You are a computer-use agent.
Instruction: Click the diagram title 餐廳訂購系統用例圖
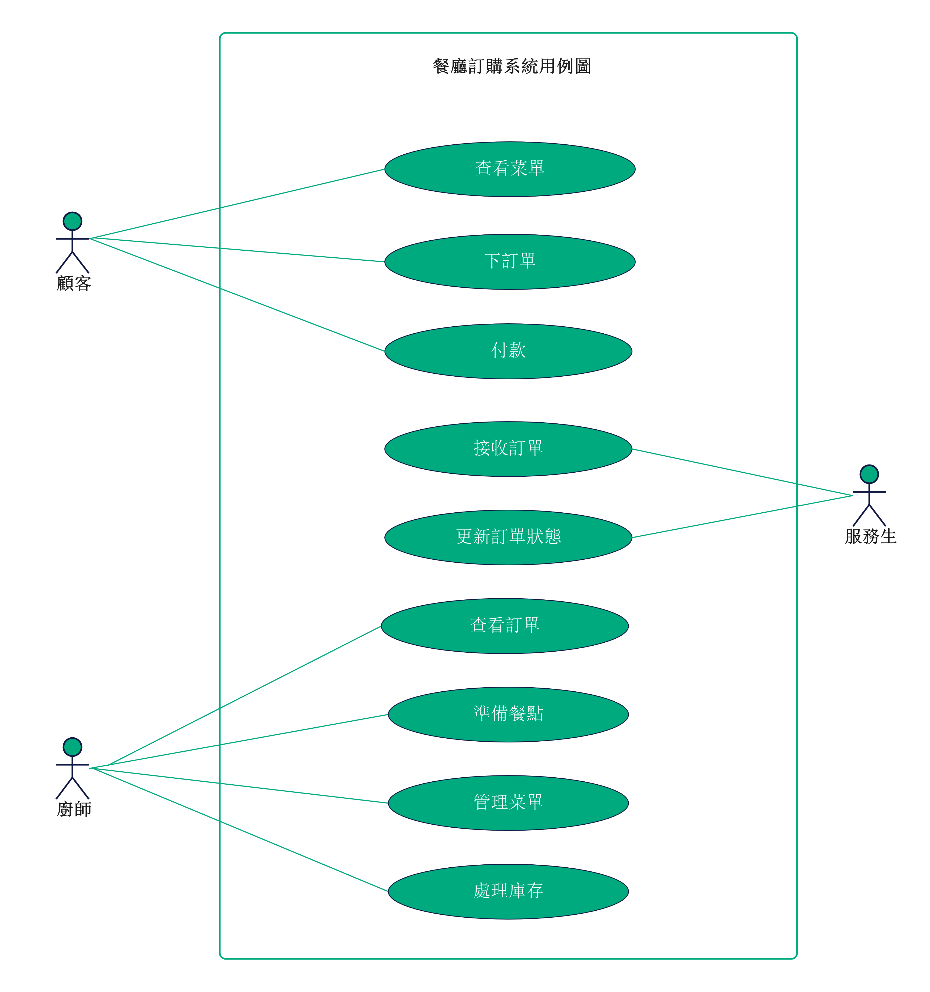[x=512, y=66]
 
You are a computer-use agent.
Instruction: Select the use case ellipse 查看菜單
[x=510, y=169]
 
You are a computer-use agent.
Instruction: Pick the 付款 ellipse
[x=508, y=351]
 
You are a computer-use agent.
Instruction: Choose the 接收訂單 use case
[x=508, y=449]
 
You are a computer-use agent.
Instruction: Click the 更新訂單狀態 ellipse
[x=508, y=538]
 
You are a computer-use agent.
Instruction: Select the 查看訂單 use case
[x=505, y=626]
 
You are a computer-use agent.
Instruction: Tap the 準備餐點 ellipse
[x=508, y=715]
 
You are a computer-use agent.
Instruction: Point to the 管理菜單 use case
[x=508, y=803]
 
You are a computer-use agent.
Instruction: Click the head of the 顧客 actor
[x=72, y=221]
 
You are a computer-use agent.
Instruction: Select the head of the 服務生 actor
[x=869, y=474]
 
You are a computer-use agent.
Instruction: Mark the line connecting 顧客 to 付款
[x=237, y=295]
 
